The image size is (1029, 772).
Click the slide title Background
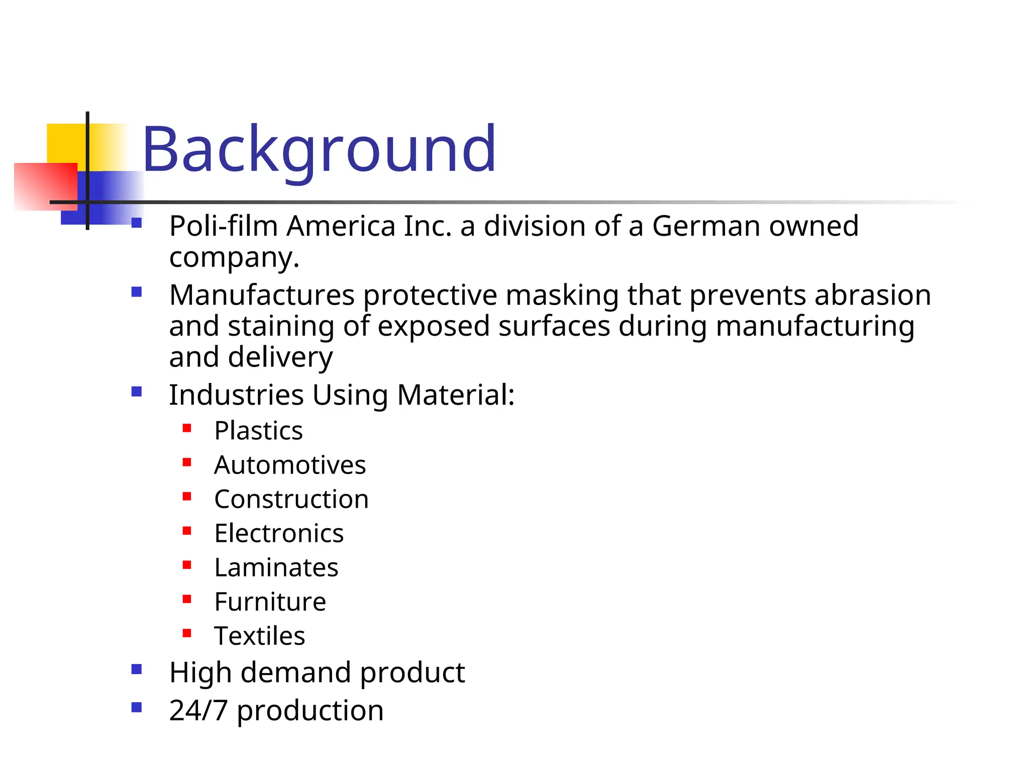319,150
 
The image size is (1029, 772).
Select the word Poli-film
223,226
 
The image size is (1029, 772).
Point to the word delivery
280,357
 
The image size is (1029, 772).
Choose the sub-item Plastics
258,431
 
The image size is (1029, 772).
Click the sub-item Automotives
290,465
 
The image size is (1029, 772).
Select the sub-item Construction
291,499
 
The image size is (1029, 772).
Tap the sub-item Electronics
279,533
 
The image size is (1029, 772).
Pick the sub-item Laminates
276,567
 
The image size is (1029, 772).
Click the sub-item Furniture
270,602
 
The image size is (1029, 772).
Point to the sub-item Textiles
259,636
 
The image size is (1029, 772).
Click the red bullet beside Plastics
187,428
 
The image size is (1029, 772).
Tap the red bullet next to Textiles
187,633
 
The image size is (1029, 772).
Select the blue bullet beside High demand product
136,669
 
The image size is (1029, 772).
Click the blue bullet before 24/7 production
136,707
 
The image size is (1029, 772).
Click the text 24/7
198,711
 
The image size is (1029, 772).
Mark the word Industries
236,395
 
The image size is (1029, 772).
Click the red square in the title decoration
45,186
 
